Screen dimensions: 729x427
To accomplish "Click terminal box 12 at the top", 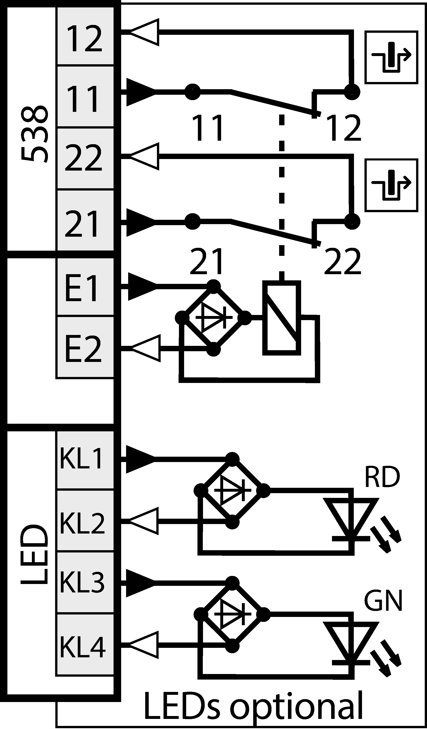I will [x=85, y=36].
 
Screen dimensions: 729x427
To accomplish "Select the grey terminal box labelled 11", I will [x=85, y=96].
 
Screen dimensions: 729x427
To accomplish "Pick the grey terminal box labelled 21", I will [x=85, y=220].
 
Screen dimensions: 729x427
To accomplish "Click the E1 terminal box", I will [x=85, y=287].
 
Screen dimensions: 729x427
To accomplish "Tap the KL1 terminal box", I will [x=85, y=460].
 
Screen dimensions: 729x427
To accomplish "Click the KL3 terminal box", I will [x=85, y=582].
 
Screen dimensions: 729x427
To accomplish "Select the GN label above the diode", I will [x=383, y=600].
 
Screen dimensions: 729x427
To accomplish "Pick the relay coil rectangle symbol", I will [x=281, y=318].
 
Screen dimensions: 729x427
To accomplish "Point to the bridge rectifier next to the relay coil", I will [x=213, y=318].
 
